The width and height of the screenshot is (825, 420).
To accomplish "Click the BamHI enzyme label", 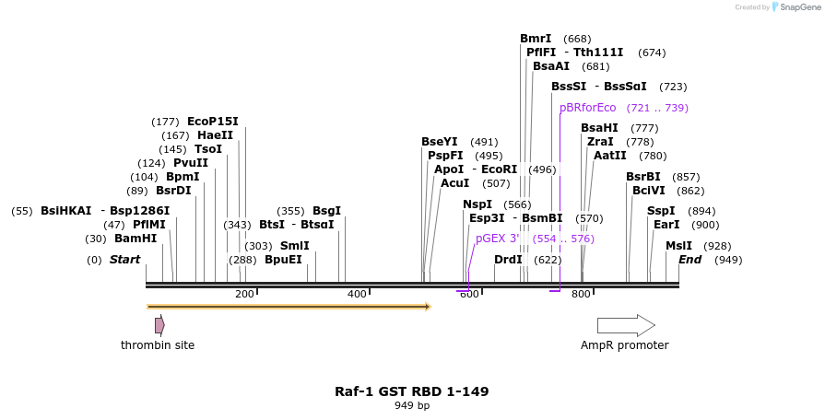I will (x=136, y=239).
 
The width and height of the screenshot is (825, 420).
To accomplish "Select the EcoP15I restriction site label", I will (x=212, y=122).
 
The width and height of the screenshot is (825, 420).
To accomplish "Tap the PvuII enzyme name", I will (x=191, y=163).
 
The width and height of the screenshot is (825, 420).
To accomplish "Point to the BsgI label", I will (x=326, y=211).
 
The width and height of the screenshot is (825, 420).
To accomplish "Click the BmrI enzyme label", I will (x=536, y=39).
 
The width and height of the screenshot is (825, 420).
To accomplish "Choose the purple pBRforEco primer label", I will (x=587, y=108).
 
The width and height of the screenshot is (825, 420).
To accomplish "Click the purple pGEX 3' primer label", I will (x=498, y=239).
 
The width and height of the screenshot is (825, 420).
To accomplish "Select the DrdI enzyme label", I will (x=508, y=260).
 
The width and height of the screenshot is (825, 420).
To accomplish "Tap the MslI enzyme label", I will (x=678, y=246).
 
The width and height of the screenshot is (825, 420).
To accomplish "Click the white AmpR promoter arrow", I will (x=626, y=325).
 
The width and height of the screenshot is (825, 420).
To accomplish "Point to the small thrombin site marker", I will (x=159, y=325).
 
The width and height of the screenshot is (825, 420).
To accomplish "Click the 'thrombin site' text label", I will (x=158, y=345).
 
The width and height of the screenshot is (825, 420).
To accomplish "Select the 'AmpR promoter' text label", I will (x=624, y=345).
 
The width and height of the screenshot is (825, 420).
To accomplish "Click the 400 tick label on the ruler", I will (x=357, y=295).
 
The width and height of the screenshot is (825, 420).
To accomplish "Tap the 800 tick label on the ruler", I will (x=581, y=295).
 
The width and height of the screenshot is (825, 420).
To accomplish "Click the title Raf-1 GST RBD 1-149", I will (x=411, y=391).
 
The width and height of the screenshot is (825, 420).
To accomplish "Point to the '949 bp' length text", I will (x=412, y=405).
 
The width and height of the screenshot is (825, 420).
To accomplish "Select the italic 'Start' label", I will (x=124, y=260).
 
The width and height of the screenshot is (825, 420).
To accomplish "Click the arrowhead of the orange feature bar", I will (x=428, y=306).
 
